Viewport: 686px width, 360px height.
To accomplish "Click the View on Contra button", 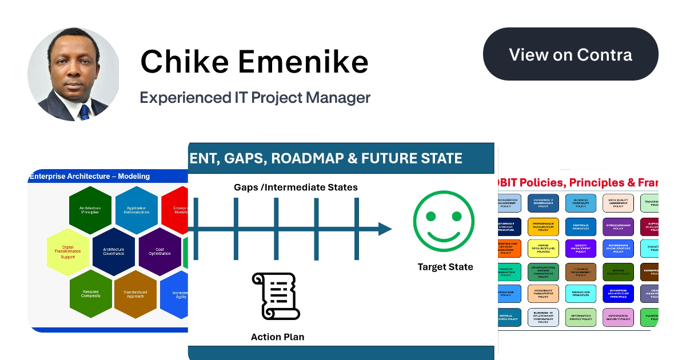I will (x=571, y=54).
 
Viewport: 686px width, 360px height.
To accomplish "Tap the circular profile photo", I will (x=74, y=74).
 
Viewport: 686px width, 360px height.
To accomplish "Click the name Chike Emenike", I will (x=254, y=61).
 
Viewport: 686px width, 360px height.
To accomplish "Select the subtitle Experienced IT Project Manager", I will (x=255, y=98).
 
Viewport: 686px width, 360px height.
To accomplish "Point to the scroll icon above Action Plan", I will (x=276, y=297).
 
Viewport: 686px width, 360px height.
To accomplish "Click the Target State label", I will (x=445, y=267).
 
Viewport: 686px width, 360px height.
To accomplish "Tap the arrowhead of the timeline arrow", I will (x=385, y=229).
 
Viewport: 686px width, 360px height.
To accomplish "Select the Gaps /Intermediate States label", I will (x=296, y=187).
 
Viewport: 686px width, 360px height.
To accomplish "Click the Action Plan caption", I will (x=277, y=337).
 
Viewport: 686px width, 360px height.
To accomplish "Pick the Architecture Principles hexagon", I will (x=90, y=210).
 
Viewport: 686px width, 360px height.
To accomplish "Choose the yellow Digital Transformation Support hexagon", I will (x=68, y=252).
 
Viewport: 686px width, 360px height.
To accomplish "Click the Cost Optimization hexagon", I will (x=160, y=251).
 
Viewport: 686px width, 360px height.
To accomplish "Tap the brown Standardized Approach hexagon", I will (x=135, y=294).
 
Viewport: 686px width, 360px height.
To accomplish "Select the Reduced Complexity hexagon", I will (x=90, y=294).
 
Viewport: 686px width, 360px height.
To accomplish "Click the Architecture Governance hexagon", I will (x=114, y=251).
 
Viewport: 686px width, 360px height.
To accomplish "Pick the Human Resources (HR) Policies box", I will (x=543, y=249).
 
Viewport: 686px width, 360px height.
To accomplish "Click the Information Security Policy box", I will (x=618, y=317).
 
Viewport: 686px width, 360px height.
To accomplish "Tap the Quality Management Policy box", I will (x=580, y=249).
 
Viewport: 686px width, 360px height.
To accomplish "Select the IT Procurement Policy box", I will (x=618, y=227).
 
